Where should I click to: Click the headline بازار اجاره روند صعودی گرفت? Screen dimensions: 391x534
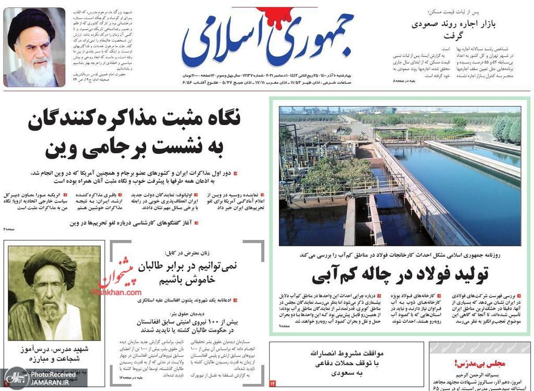[x=454, y=29]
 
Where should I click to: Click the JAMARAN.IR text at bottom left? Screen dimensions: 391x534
[x=50, y=382]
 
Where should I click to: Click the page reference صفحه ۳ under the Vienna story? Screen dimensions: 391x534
[x=10, y=229]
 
